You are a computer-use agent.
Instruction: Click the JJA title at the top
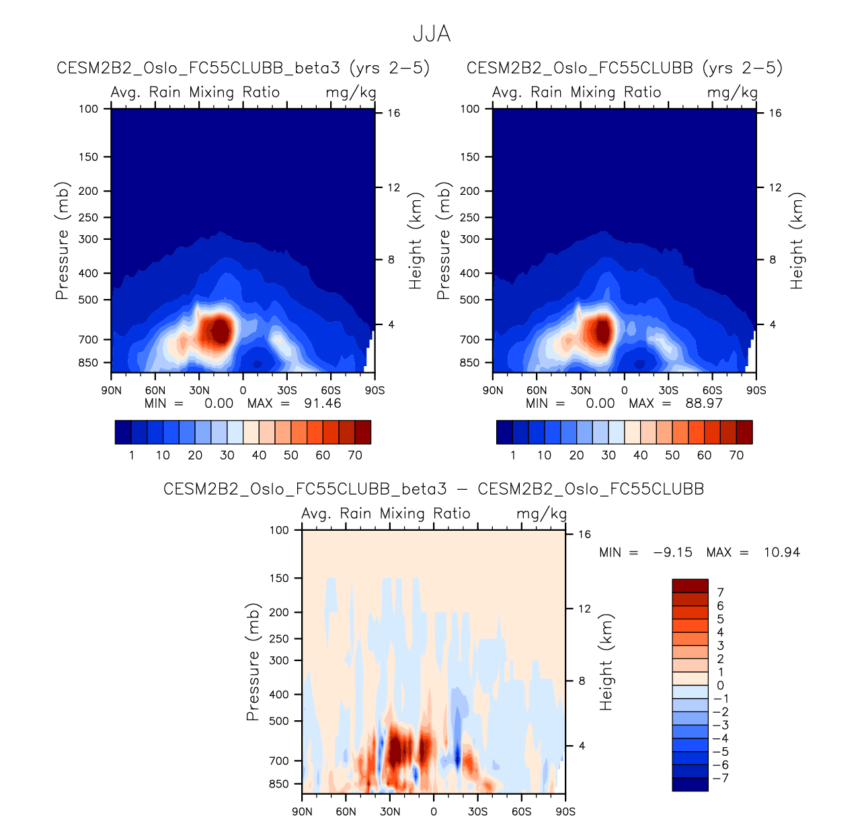431,34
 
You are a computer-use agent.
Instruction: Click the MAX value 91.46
323,404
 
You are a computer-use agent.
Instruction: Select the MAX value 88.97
704,404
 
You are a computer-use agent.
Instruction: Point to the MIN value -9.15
672,552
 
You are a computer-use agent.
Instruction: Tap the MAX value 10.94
782,552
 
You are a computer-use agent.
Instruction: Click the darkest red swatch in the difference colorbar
690,586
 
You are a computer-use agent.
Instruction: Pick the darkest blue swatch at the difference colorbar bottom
690,784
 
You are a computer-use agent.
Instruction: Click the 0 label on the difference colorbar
720,686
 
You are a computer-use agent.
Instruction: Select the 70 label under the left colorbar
355,456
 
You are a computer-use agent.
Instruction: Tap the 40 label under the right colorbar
640,456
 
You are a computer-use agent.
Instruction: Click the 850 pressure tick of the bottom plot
278,784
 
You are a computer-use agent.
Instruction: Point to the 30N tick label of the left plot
199,390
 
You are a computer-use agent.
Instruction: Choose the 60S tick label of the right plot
712,390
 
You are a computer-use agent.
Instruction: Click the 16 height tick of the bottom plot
585,535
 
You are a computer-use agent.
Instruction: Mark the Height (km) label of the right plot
797,242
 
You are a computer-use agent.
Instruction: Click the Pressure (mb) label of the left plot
63,241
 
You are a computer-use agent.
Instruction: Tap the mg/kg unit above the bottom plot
541,514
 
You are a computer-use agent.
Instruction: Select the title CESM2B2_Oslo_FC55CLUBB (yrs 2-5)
625,68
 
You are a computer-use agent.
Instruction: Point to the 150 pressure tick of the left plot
89,157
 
